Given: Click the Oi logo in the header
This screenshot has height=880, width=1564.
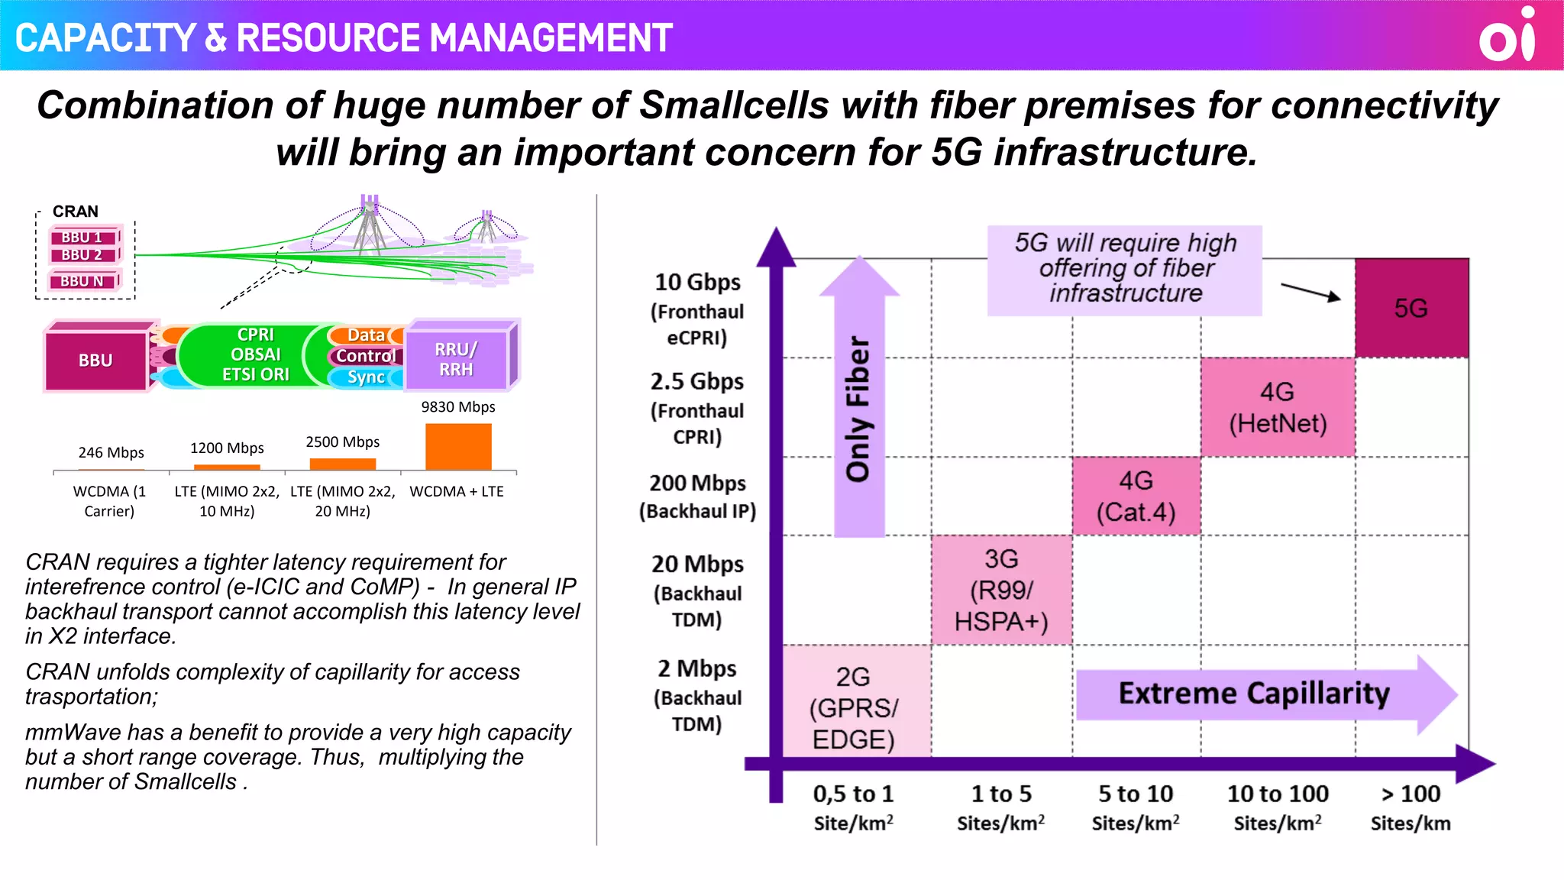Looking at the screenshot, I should (1507, 36).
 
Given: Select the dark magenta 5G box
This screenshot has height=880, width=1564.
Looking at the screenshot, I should (1411, 308).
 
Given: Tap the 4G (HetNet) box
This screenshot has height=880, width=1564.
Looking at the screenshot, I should (1278, 407).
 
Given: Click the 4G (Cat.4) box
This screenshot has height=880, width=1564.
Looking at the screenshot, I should (1136, 496).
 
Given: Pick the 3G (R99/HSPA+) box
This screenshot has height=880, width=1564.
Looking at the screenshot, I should (1001, 590).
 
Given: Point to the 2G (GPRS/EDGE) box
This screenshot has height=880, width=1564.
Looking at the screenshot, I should (854, 707).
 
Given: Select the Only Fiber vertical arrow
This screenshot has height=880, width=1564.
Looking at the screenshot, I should (859, 405).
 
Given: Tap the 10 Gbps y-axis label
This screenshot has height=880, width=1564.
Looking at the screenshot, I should (697, 283).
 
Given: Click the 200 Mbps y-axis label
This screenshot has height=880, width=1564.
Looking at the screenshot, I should (697, 484).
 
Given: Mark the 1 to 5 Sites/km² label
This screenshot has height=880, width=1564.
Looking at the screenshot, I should (1001, 807).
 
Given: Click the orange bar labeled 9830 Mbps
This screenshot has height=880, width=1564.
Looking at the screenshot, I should (458, 447).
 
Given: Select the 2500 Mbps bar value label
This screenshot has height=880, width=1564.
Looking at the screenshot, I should (342, 442).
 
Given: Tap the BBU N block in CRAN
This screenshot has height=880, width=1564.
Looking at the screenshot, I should (82, 281).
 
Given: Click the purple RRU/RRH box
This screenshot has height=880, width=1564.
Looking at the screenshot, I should (457, 359).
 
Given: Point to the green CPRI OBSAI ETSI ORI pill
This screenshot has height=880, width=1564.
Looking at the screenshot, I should (255, 354).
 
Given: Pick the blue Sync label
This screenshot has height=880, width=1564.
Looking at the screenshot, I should (367, 377).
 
